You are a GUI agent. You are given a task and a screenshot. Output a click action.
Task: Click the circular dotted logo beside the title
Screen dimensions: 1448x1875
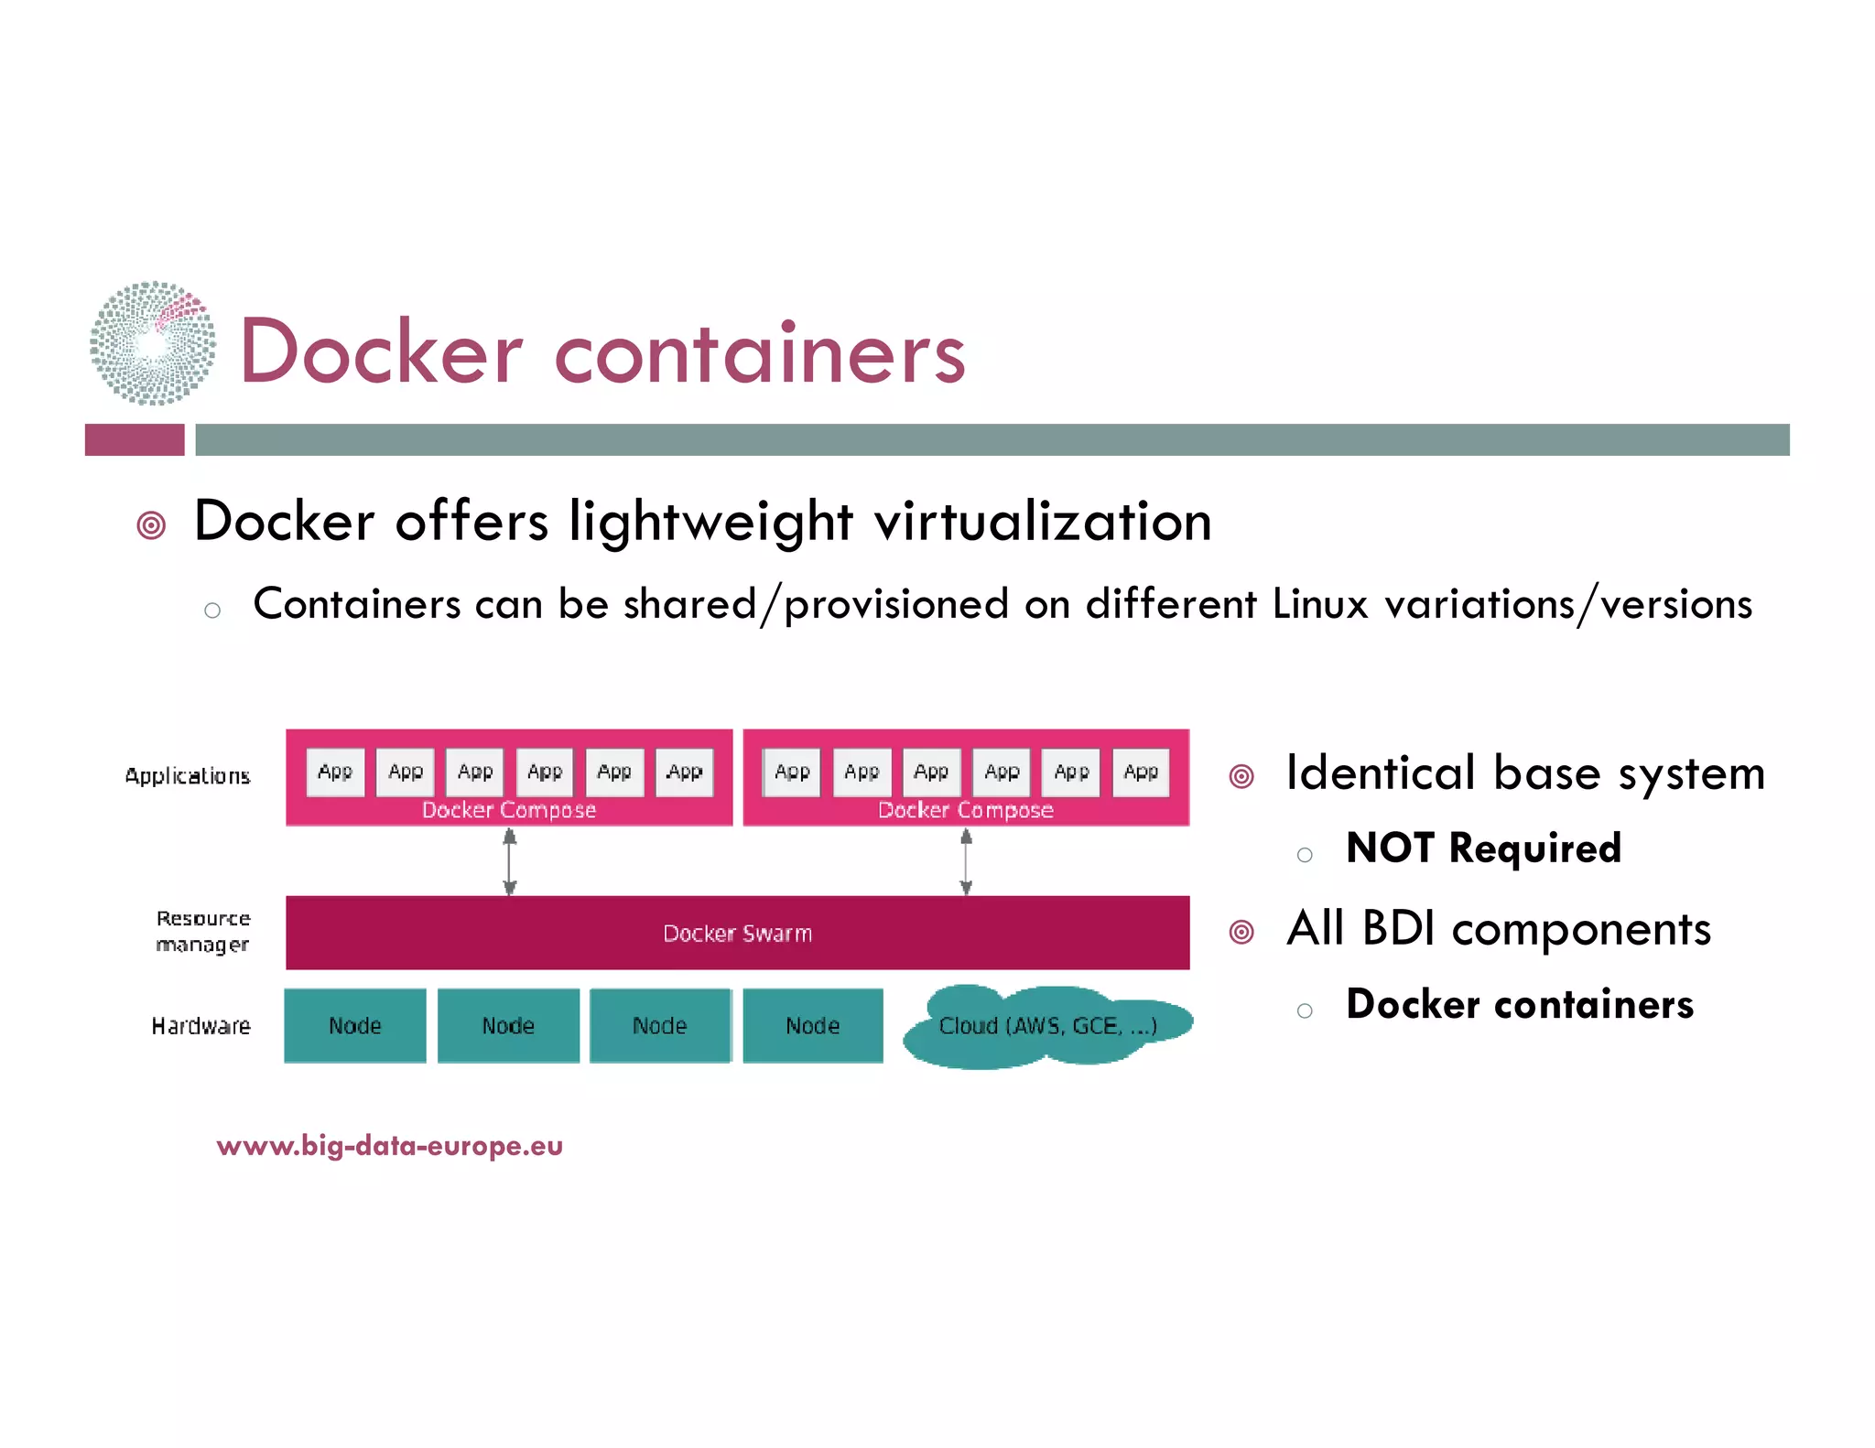[153, 343]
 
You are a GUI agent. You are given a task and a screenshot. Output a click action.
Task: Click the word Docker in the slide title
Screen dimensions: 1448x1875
[380, 353]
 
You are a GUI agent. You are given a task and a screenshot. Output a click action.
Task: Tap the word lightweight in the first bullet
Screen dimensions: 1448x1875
[710, 522]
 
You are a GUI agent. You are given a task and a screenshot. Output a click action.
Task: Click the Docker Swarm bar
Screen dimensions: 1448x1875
[737, 933]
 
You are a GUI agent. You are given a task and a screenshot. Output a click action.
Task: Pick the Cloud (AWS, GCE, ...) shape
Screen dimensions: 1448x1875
[1047, 1026]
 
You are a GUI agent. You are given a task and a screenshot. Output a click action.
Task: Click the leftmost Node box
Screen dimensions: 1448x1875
[355, 1025]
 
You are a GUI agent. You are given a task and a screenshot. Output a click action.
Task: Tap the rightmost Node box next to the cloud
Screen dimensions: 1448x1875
[813, 1025]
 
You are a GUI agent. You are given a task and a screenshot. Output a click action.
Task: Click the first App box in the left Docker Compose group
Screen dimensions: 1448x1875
[335, 772]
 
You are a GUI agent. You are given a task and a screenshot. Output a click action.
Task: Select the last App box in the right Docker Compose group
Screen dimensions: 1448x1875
[1141, 772]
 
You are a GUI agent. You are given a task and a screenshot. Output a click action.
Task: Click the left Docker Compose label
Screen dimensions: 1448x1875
[509, 810]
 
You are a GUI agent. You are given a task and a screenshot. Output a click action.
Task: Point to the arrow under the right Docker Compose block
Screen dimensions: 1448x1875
[966, 861]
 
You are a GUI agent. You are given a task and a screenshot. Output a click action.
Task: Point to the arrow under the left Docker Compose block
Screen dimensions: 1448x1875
[510, 861]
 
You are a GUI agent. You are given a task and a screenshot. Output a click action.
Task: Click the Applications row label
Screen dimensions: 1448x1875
[188, 776]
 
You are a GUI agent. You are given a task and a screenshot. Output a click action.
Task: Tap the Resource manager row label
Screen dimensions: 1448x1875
[202, 931]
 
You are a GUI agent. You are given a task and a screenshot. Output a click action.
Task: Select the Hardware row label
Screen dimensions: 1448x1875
[201, 1026]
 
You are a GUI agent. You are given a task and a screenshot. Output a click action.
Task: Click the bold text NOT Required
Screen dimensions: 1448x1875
[1483, 848]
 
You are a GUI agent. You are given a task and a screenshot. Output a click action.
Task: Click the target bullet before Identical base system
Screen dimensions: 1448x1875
[1241, 776]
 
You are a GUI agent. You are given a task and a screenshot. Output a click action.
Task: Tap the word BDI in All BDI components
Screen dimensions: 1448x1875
[1398, 928]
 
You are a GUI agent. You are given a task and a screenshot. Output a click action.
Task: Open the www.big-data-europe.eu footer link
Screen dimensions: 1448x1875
[390, 1145]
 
